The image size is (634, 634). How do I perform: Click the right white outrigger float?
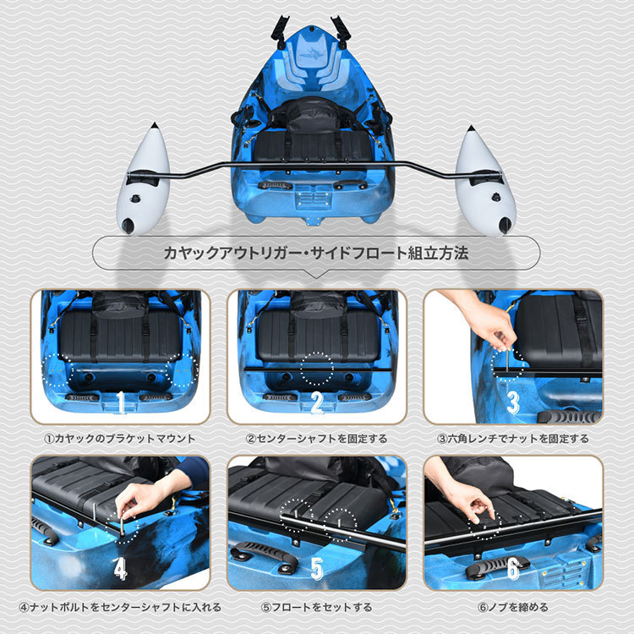[485, 184]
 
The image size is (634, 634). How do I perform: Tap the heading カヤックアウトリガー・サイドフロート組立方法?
[316, 253]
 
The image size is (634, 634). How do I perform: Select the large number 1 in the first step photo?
[121, 402]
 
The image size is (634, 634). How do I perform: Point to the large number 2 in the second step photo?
[317, 402]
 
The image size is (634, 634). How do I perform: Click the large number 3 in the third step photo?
[513, 402]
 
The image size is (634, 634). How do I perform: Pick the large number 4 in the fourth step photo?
[120, 569]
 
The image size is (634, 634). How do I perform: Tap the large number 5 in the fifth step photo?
[317, 569]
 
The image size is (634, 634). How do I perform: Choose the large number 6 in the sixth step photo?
[513, 569]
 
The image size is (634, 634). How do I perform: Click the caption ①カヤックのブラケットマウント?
[120, 439]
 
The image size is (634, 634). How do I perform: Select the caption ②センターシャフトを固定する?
[317, 439]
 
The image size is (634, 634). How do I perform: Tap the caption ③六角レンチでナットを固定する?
[513, 439]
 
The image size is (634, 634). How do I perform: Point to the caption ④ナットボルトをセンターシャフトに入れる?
[120, 607]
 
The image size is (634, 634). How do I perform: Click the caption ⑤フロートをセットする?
[317, 607]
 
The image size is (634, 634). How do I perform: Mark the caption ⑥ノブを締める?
[513, 607]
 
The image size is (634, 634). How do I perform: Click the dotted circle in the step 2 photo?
[317, 369]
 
